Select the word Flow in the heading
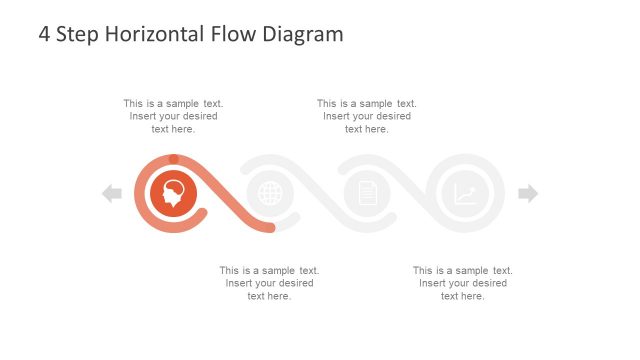click(x=233, y=34)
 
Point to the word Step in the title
click(x=76, y=34)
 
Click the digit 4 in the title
click(x=44, y=34)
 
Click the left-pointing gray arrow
click(x=112, y=194)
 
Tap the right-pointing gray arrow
click(x=528, y=194)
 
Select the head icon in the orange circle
click(x=173, y=193)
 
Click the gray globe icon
click(x=270, y=193)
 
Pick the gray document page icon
click(x=367, y=193)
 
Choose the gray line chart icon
click(x=465, y=194)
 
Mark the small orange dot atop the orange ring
click(x=174, y=158)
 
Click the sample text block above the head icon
click(x=173, y=116)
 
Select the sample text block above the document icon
click(x=367, y=116)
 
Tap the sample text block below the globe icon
click(x=269, y=283)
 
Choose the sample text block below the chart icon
click(x=463, y=283)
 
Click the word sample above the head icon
click(x=182, y=103)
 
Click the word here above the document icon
click(x=376, y=129)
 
